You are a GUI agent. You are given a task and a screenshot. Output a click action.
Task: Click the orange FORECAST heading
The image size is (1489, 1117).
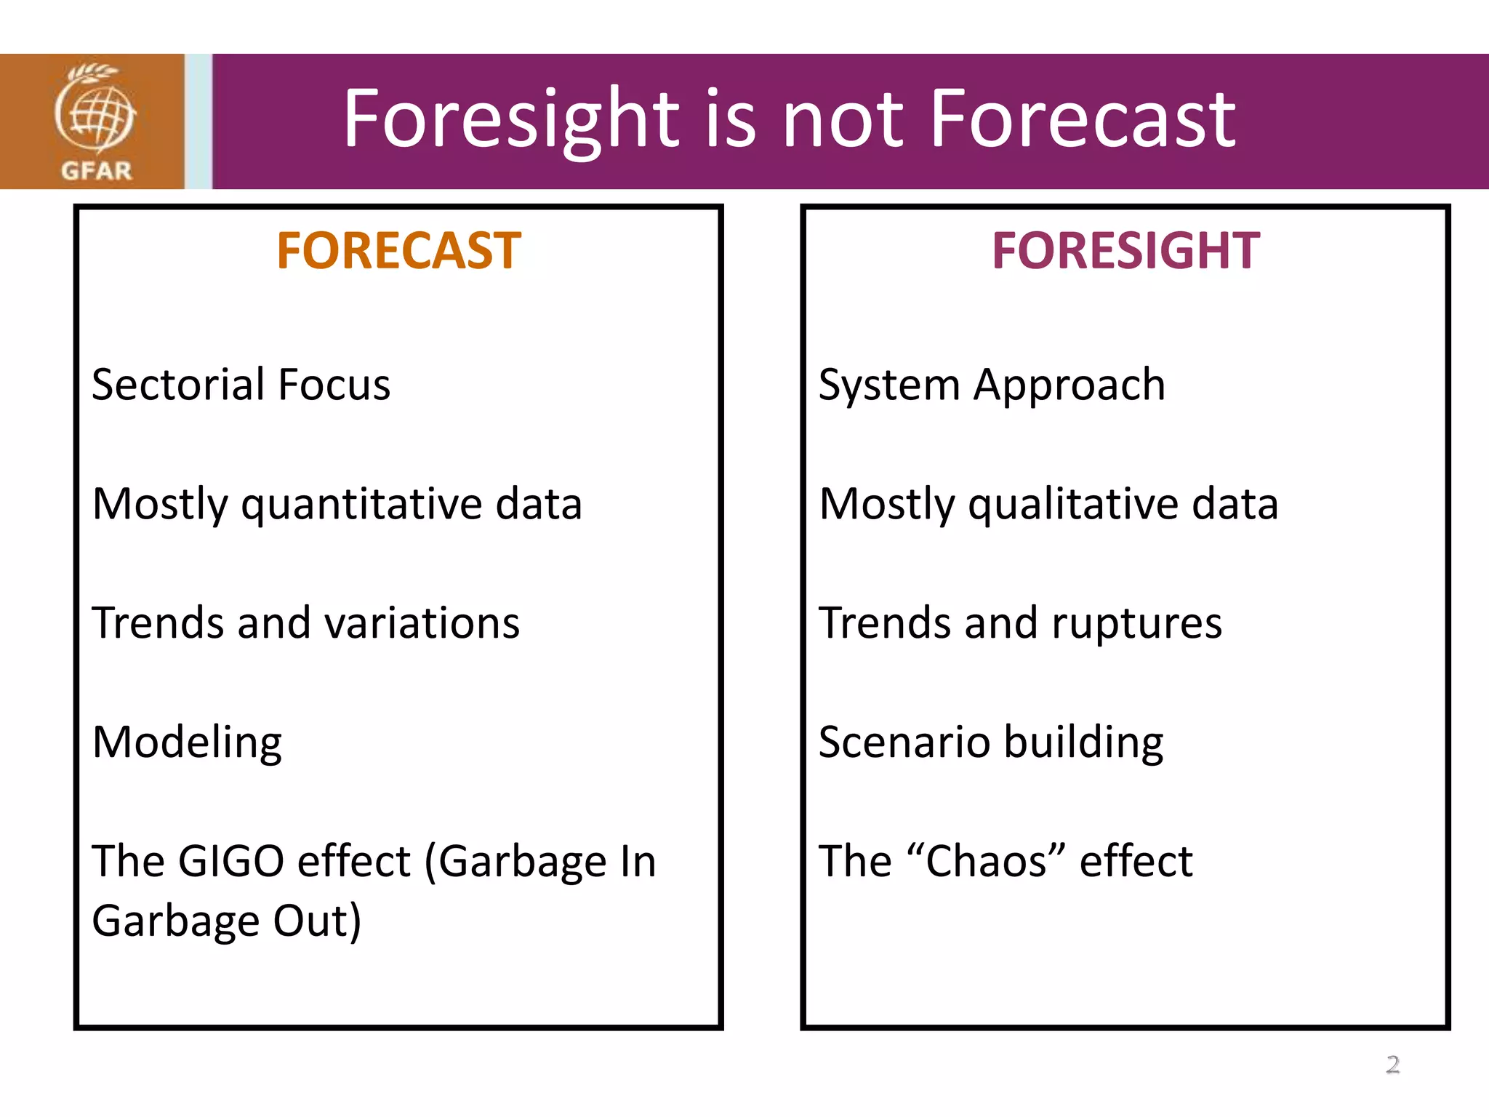(398, 251)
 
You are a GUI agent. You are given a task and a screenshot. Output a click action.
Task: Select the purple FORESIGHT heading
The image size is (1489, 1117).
(1125, 251)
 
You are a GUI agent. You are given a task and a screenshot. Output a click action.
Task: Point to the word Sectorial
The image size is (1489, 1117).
(178, 385)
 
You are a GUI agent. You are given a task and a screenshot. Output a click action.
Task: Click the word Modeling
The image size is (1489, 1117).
(187, 743)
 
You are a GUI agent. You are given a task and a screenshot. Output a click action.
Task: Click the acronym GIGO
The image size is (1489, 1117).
(230, 862)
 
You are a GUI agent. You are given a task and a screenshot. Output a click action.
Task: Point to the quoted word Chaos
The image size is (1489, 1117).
(986, 862)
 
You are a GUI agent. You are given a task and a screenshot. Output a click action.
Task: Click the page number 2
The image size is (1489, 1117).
(1392, 1065)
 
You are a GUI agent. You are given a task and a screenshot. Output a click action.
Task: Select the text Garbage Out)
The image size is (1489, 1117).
(226, 921)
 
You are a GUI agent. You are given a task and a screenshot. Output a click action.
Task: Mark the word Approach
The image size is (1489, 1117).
(1069, 386)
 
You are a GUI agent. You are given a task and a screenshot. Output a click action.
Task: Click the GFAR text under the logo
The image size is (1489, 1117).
(96, 171)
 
